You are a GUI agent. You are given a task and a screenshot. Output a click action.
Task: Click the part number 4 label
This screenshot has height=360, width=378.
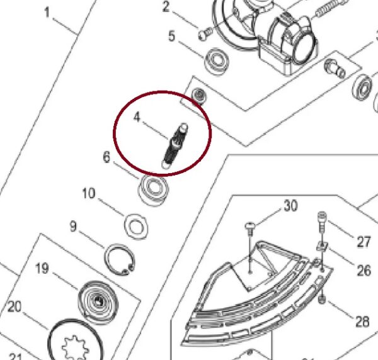click(x=136, y=117)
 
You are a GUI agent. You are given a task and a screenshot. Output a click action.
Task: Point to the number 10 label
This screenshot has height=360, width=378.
click(x=89, y=193)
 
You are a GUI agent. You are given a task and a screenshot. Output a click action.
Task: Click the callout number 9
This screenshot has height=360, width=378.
click(x=73, y=226)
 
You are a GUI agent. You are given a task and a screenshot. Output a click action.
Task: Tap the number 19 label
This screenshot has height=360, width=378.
click(x=42, y=269)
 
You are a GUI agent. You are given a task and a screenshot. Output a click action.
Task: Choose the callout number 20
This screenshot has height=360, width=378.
click(x=14, y=307)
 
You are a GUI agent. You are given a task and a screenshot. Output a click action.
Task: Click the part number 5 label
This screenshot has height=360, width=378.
click(x=171, y=37)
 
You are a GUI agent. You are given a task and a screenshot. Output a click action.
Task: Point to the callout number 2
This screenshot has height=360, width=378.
click(x=166, y=8)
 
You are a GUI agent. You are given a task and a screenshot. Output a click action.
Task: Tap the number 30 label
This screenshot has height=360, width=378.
click(x=290, y=205)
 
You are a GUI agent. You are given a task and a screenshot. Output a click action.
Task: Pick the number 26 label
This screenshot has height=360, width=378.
click(x=364, y=270)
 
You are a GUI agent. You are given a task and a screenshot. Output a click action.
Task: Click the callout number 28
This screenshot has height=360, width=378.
click(x=362, y=322)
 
